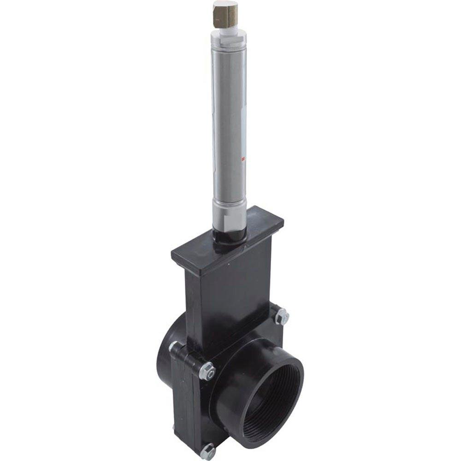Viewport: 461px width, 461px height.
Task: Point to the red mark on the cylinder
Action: tap(242, 160)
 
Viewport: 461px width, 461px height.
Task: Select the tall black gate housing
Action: tap(230, 295)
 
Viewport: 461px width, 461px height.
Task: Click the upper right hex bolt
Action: tap(281, 317)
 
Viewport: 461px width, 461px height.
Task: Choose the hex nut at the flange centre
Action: tap(207, 371)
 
